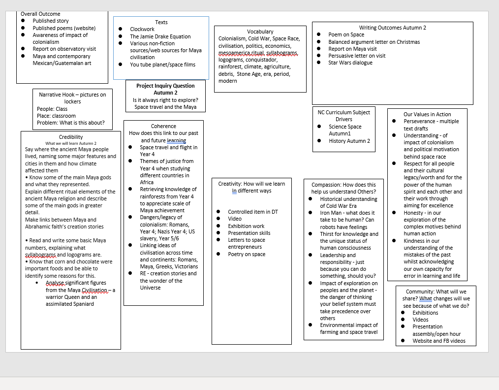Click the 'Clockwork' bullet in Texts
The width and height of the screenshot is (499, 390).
142,29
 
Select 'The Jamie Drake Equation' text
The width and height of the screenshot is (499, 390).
160,36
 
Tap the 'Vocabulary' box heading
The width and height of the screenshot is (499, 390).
260,32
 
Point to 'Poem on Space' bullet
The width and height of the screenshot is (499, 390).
346,34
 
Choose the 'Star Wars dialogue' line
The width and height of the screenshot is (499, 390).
350,63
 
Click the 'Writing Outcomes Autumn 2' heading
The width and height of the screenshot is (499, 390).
392,28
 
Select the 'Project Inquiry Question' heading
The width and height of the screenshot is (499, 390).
165,86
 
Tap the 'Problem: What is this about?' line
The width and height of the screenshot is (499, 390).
71,123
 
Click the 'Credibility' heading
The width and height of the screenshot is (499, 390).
71,137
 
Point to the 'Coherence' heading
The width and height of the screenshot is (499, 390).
163,126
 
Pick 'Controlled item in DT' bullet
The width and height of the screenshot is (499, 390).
252,212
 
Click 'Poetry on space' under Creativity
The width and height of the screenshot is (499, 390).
246,254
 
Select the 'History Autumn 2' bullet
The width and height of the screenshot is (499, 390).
349,141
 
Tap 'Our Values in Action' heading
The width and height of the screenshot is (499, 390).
427,114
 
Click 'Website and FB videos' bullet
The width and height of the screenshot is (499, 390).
438,341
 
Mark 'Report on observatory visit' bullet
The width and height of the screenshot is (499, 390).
64,49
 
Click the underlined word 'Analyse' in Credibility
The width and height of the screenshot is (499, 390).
55,283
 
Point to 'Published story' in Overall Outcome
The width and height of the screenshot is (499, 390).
50,21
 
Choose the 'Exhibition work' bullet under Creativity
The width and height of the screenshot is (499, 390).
246,226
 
